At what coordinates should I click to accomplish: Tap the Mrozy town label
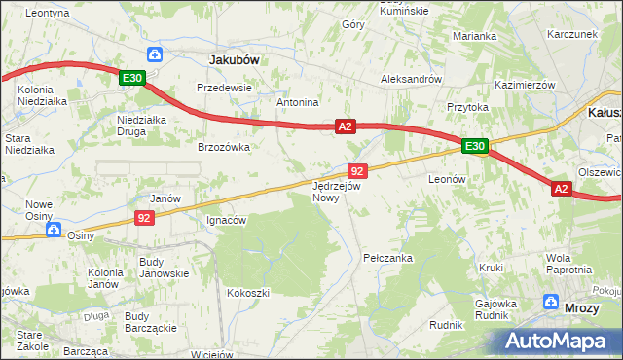point(582,307)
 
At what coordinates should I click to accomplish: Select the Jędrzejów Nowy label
point(337,191)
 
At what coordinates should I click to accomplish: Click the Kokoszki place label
point(247,292)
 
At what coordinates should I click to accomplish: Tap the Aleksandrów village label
point(411,80)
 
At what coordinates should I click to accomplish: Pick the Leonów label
point(449,180)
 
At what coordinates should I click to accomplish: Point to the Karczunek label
point(571,34)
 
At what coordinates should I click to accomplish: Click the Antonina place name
point(298,102)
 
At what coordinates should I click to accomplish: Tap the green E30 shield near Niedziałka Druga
point(133,79)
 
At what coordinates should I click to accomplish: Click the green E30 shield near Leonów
point(474,147)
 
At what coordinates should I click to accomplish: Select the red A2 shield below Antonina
point(346,126)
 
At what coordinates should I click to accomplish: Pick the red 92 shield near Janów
point(143,219)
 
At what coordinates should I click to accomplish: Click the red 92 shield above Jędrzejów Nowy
point(356,170)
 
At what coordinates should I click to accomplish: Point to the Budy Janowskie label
point(164,268)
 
